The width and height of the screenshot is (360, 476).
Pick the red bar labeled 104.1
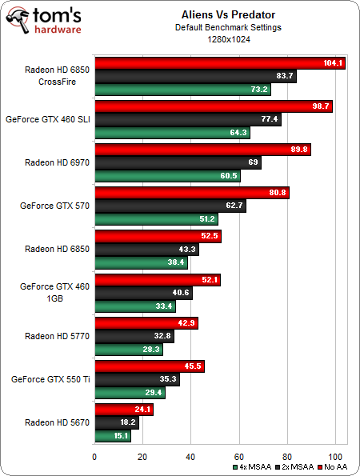click(220, 63)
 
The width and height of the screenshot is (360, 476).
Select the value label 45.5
click(193, 366)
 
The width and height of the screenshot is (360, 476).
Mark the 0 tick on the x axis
click(95, 457)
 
